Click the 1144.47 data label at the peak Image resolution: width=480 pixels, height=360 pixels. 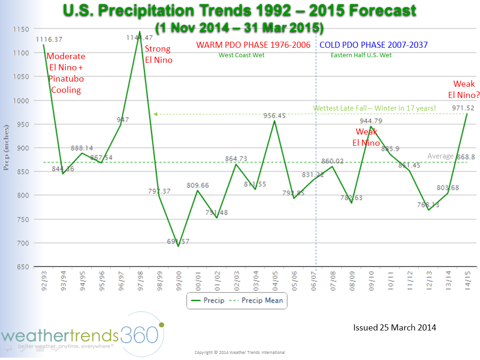(139, 37)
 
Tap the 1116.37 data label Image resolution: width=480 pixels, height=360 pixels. (49, 39)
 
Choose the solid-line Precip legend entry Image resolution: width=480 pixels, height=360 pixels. (209, 300)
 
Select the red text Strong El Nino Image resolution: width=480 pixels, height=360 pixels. (158, 54)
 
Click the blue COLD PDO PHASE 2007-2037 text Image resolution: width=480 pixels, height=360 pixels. (373, 45)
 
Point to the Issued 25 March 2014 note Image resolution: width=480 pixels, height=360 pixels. (394, 328)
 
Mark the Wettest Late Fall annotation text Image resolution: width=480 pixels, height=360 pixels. (374, 108)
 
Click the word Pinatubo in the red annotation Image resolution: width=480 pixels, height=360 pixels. (66, 79)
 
